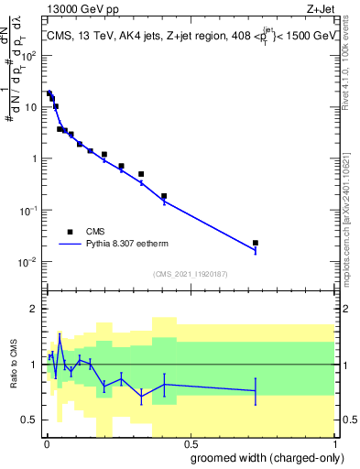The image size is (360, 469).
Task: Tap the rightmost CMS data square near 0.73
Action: click(x=256, y=243)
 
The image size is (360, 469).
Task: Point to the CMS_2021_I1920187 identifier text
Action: click(x=189, y=274)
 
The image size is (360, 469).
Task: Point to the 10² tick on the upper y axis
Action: click(x=29, y=55)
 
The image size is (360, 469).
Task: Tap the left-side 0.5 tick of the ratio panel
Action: click(x=30, y=420)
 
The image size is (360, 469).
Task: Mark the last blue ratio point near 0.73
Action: click(x=256, y=391)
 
